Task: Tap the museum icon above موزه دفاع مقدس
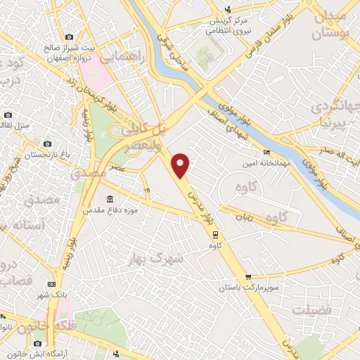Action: (x=109, y=198)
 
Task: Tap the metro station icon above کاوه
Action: (x=215, y=236)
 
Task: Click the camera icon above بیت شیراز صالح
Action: (x=68, y=37)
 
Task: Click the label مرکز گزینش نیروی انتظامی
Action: (x=232, y=25)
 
